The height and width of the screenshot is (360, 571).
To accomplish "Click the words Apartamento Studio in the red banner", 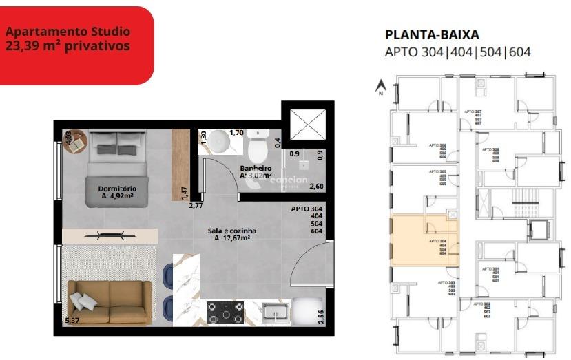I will tap(68, 32).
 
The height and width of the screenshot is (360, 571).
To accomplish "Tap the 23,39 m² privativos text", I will tap(68, 46).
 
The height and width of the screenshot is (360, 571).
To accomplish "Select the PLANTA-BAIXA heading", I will tap(432, 35).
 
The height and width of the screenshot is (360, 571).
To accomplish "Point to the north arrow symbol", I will tap(379, 87).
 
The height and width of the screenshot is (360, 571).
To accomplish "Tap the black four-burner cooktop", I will tap(225, 313).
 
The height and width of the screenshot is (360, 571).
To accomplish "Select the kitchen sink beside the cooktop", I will tap(274, 313).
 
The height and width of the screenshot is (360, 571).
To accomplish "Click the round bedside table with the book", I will tap(73, 141).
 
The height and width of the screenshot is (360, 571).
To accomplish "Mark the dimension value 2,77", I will tap(196, 205).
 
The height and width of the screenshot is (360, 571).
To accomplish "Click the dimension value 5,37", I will tap(72, 321).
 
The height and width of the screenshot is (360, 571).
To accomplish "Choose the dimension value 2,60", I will tap(317, 186).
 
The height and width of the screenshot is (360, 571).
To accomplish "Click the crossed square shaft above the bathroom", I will tap(308, 126).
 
